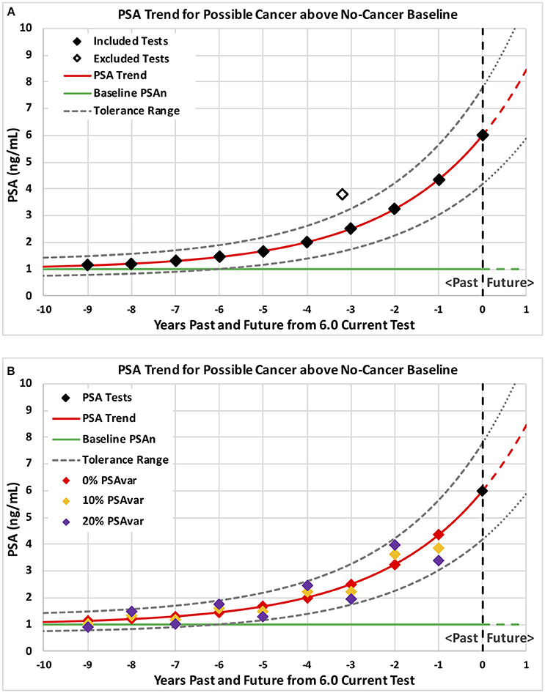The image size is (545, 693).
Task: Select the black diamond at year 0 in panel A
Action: pos(482,135)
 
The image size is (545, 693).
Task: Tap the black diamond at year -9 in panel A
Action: pos(87,264)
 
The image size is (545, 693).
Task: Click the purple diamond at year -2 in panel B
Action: pos(395,545)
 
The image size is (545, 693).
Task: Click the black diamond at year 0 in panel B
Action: pos(482,490)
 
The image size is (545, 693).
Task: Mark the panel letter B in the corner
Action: pos(8,360)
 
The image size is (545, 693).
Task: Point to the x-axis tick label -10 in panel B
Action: pos(43,664)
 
